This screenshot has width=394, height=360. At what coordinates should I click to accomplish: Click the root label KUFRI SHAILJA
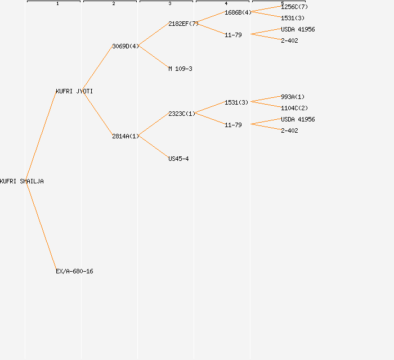22,181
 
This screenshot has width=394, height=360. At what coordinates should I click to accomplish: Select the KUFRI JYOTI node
74,91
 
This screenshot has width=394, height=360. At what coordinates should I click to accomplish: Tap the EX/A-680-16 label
74,271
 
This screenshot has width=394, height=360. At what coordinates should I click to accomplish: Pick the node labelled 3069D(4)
125,46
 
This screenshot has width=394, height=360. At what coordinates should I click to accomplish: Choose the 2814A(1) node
125,136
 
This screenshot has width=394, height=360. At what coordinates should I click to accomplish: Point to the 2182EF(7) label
183,24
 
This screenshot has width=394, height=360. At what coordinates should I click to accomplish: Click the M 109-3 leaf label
180,69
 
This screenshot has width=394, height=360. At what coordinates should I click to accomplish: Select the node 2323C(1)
181,114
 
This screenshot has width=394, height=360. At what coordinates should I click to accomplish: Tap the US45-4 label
178,159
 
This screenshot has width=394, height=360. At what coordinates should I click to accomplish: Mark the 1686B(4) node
238,12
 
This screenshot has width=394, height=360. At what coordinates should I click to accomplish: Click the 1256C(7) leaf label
294,7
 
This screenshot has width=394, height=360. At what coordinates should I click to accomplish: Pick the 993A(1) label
293,97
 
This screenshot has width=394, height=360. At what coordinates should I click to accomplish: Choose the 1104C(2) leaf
294,108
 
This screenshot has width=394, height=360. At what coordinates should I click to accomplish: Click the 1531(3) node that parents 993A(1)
236,102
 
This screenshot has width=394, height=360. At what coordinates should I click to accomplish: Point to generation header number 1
57,4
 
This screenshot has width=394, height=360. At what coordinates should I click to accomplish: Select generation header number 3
170,4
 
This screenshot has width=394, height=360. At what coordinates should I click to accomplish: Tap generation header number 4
226,4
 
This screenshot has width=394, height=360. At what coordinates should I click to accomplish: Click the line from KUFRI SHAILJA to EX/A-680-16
41,226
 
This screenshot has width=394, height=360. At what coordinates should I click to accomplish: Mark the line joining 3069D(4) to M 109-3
153,57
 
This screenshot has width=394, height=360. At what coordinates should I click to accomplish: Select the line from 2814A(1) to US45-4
153,147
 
